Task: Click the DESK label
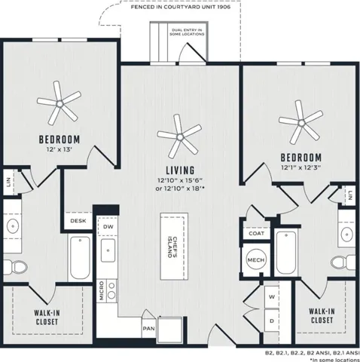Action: point(78,221)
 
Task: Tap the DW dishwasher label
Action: point(108,227)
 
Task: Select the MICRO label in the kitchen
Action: point(102,290)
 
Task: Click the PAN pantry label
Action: point(149,329)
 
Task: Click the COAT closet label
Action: point(256,233)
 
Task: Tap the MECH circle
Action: point(256,259)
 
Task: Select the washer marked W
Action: point(272,297)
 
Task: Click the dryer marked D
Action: point(272,321)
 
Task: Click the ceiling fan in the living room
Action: point(179,137)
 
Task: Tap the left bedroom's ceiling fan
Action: point(59,103)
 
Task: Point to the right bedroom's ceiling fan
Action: point(301,123)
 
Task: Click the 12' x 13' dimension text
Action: point(59,149)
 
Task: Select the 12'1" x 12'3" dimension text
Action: point(301,167)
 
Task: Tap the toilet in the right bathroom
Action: point(343,262)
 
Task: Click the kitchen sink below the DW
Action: point(108,250)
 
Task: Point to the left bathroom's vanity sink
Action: point(13,226)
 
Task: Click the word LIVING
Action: point(180,170)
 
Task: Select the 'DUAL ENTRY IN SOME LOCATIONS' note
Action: point(187,32)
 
